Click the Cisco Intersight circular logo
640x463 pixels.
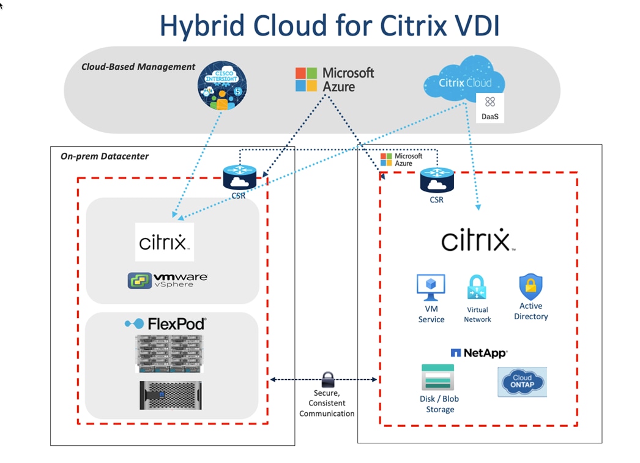coord(222,86)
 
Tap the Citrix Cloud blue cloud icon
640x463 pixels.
coord(465,81)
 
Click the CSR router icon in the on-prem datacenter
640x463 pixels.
coord(239,178)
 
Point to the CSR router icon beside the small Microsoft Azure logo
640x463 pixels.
coord(437,180)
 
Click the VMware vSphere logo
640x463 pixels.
coord(168,280)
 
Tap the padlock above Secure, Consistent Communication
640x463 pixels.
coord(327,379)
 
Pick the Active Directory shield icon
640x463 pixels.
coord(530,286)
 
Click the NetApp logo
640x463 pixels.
coord(479,353)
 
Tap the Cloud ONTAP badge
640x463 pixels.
coord(522,382)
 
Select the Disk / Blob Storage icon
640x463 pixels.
coord(438,377)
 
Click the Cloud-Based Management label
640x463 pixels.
coord(138,67)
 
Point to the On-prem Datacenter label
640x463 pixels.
coord(105,156)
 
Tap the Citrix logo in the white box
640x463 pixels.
coord(164,242)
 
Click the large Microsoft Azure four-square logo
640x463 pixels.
coord(307,80)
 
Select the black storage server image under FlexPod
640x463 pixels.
coord(170,395)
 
